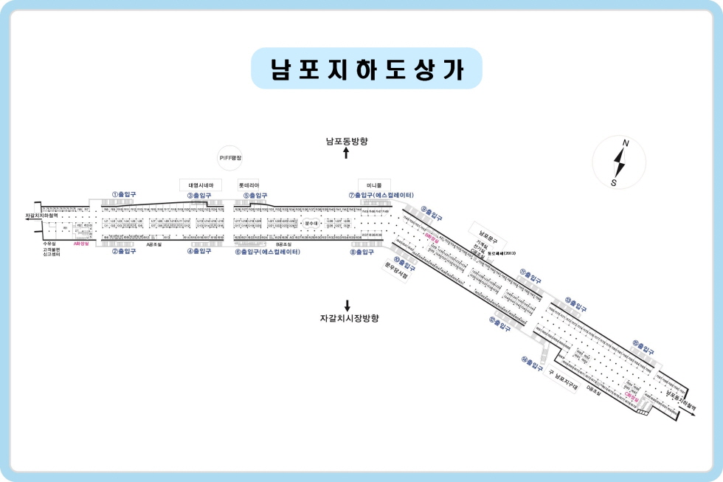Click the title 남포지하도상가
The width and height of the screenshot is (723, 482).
[366, 69]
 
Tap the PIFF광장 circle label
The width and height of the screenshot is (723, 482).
[231, 158]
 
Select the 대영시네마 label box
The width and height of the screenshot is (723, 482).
[201, 185]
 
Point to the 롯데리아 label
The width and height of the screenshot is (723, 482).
[249, 185]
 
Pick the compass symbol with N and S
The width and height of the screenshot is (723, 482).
[620, 162]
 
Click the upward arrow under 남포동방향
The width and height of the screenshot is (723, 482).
[347, 153]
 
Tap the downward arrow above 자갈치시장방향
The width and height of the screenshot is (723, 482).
[347, 305]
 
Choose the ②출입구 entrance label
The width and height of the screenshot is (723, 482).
[124, 251]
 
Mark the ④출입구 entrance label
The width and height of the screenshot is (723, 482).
[199, 251]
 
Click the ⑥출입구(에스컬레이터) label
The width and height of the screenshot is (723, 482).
[267, 252]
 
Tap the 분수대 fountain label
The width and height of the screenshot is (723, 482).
[311, 221]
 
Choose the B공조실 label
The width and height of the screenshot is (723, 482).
[284, 244]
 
